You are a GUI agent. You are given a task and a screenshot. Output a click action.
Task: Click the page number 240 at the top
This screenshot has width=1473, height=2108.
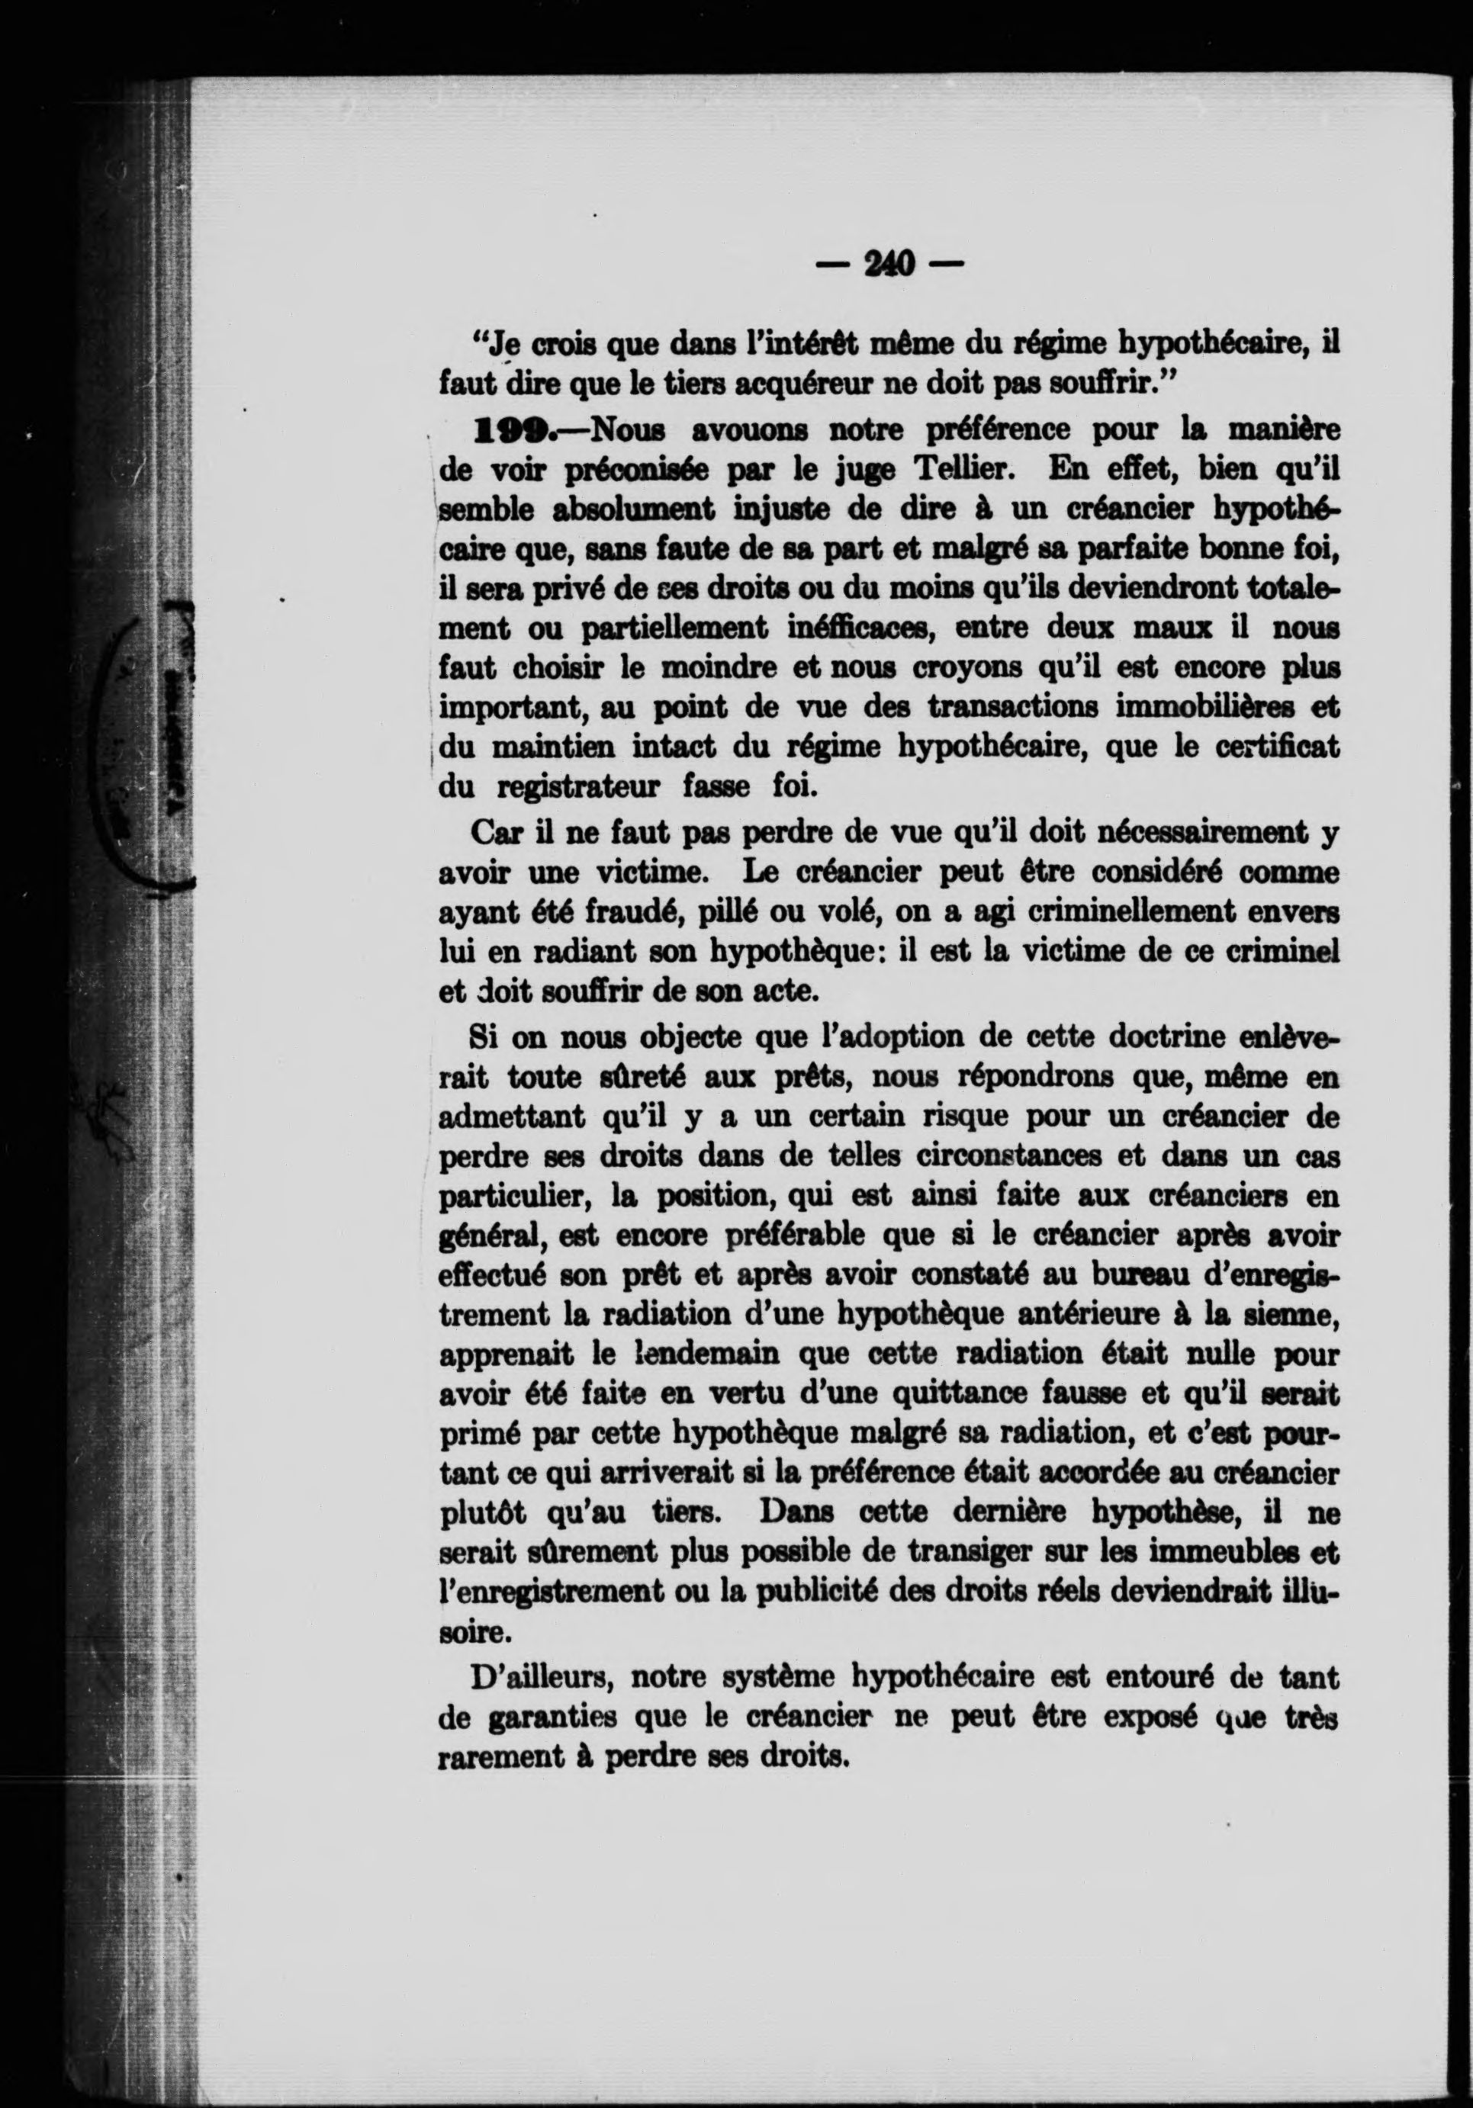890,265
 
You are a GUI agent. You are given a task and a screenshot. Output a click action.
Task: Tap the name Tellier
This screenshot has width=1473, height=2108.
963,469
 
